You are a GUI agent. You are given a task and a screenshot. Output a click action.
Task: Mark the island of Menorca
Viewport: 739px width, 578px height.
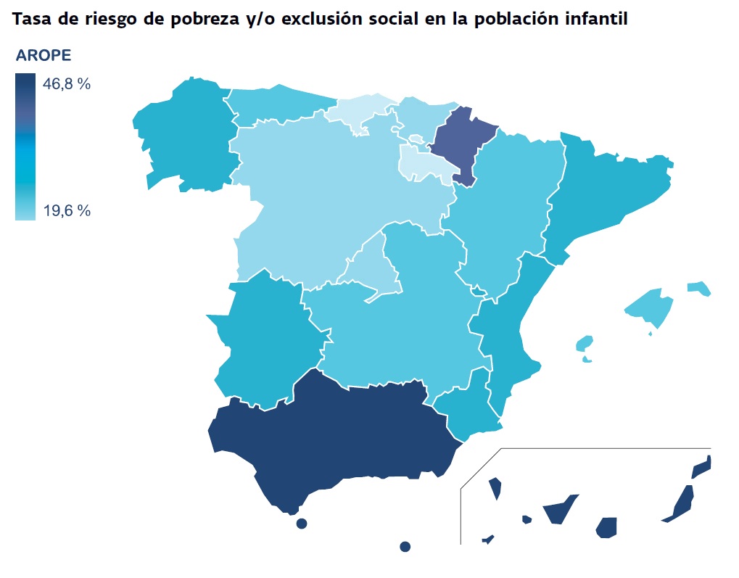coord(699,288)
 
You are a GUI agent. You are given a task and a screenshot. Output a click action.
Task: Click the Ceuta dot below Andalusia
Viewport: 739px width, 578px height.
coord(302,524)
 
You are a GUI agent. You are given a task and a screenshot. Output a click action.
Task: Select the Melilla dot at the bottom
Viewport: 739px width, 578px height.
coord(405,546)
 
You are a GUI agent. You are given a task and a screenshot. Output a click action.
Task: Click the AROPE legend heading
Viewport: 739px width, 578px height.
coord(44,57)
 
